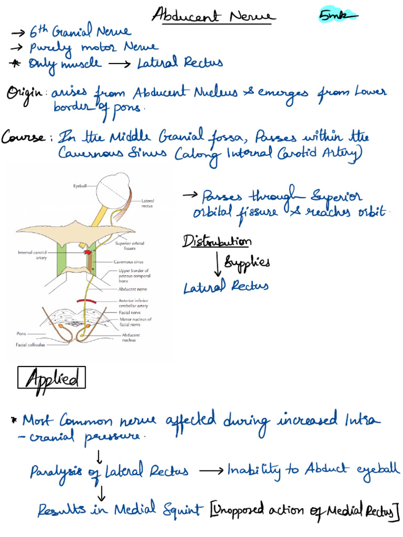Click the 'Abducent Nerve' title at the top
(213, 15)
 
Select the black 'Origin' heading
(24, 94)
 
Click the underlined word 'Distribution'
(217, 241)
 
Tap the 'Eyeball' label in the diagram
(80, 186)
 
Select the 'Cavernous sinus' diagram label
(129, 262)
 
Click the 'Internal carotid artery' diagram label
(32, 255)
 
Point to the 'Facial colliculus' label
(30, 345)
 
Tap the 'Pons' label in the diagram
(21, 333)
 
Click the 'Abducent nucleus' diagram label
(131, 337)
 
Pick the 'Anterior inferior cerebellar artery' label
(133, 303)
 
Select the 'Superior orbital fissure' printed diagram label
(130, 245)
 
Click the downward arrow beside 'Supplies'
(217, 264)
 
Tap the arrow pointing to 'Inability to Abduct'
(211, 471)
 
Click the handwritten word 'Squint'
(183, 510)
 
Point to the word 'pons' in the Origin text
(127, 108)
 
